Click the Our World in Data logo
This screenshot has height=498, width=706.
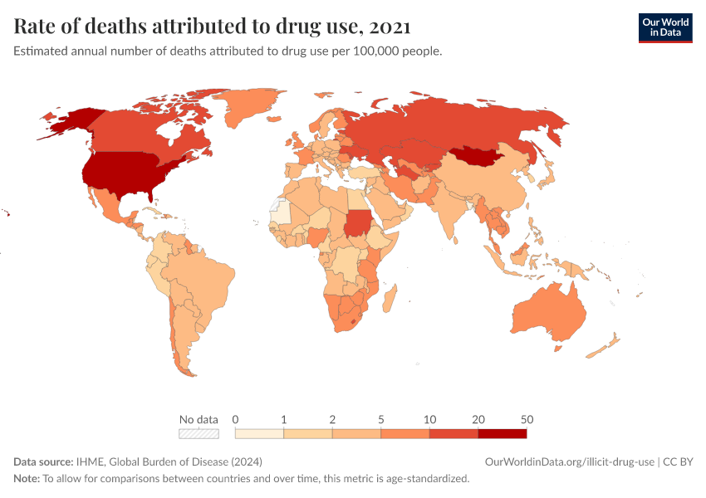[664, 27]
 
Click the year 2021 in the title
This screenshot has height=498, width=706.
[387, 27]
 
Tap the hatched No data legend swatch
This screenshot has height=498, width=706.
[199, 433]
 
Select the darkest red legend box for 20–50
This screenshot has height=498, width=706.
[502, 433]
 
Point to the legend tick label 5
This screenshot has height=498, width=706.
[380, 419]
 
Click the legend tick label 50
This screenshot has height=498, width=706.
[526, 419]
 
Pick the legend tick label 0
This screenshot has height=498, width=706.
[236, 419]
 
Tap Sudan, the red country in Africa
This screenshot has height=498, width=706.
[360, 222]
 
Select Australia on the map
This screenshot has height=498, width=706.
[548, 314]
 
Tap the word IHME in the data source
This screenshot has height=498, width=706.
[90, 461]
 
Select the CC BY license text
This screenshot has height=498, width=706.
[679, 461]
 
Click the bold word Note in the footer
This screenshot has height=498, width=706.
[27, 479]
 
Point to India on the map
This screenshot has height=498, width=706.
[453, 207]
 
